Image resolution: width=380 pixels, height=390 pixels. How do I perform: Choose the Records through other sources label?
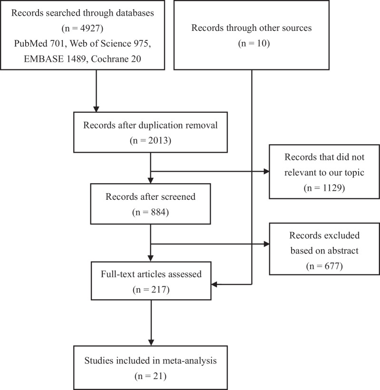point(251,28)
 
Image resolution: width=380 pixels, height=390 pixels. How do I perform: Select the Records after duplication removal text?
point(150,126)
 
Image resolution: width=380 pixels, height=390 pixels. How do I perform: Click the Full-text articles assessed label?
point(150,274)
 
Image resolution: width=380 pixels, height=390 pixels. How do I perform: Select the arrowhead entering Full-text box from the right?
point(214,284)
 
